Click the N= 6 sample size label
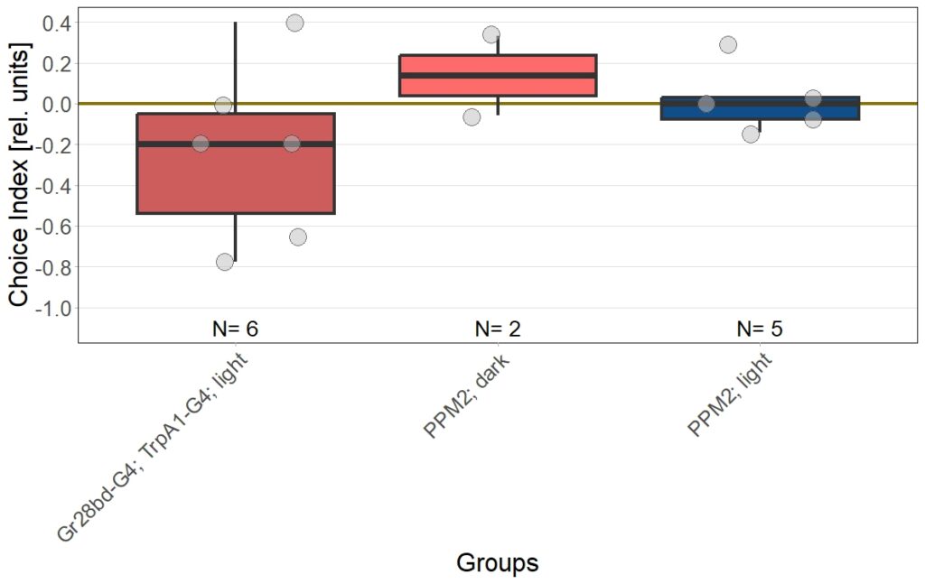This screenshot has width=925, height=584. [x=235, y=329]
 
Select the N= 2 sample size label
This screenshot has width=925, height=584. [x=498, y=329]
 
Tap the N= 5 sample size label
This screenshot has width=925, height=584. [x=760, y=329]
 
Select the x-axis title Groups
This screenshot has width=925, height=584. [x=497, y=562]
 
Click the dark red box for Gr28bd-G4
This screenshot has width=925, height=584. [x=235, y=181]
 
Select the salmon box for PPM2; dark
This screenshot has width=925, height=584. [x=498, y=63]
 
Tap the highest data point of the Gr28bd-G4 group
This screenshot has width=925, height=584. [x=294, y=23]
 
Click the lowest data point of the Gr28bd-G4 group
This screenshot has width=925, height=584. [x=225, y=262]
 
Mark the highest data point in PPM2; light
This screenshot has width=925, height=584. [x=728, y=44]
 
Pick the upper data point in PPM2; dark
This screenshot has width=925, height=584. [x=491, y=34]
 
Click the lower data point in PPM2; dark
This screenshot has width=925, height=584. [x=472, y=116]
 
